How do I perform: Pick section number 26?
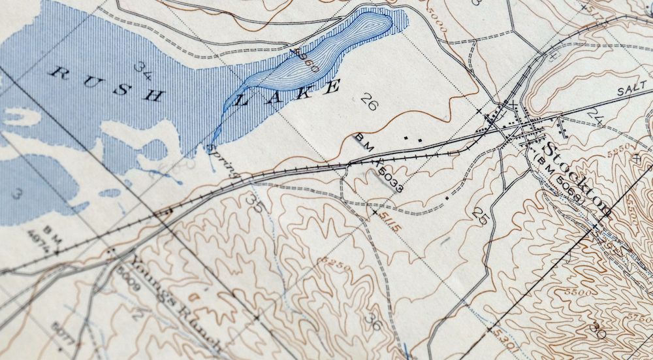[369, 102]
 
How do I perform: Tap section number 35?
[255, 202]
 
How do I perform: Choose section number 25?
[481, 217]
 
